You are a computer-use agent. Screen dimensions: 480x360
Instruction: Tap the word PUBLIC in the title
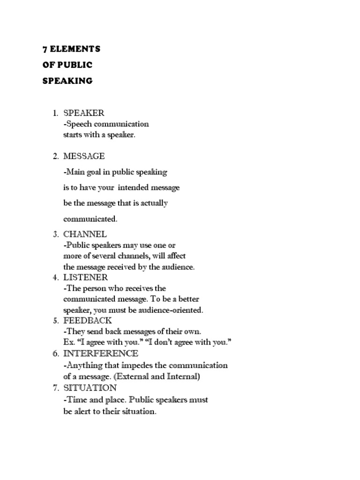[x=75, y=65]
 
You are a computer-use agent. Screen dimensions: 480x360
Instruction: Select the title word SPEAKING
[x=67, y=81]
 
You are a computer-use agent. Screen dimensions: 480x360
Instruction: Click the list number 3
[x=55, y=234]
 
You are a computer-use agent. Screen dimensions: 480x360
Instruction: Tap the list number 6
[x=55, y=353]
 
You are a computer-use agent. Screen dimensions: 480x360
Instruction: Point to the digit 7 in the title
[x=45, y=49]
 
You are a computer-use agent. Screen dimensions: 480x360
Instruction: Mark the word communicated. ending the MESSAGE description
[x=90, y=219]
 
